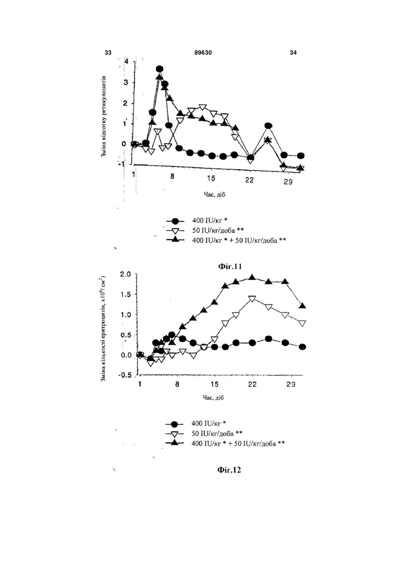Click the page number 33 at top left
108,53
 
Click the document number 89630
203,53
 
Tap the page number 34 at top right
293,53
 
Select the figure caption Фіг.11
230,267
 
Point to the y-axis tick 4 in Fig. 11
127,61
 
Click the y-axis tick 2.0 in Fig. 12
126,274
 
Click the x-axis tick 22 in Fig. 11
249,180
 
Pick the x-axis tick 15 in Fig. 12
214,384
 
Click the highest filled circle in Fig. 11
160,69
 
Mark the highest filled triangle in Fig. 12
252,277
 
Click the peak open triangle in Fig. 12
252,299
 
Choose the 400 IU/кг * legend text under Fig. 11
210,221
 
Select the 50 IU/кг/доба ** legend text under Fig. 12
217,434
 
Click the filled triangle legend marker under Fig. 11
175,239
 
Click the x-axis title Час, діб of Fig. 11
214,195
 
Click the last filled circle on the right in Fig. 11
301,156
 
